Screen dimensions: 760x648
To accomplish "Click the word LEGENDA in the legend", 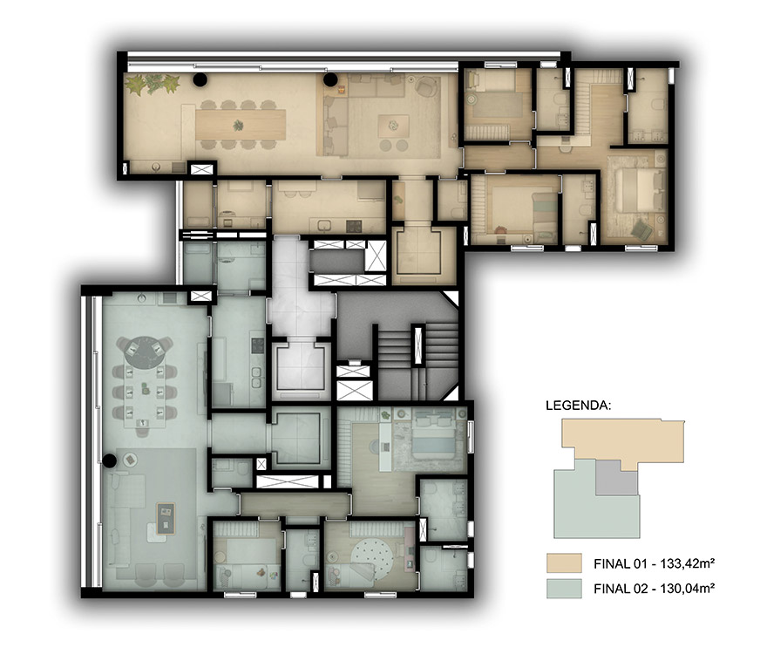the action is click(578, 406).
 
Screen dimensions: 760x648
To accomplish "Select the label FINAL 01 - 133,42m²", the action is click(655, 563).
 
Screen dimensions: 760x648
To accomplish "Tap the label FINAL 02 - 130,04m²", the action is click(655, 589).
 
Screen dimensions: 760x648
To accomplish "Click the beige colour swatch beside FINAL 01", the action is click(564, 563).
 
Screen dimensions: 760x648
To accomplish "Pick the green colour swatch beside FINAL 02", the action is click(564, 589).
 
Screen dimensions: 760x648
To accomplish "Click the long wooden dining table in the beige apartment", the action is click(241, 125).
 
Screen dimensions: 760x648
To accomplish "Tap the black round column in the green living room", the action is click(109, 460).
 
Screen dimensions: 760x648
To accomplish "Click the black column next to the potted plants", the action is click(200, 79).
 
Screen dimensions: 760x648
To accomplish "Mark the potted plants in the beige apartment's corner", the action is click(152, 84).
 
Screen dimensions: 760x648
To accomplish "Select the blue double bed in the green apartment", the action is click(433, 437).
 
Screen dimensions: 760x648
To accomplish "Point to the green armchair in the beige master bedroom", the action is click(642, 229).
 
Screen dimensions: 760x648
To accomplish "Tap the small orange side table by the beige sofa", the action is click(342, 89).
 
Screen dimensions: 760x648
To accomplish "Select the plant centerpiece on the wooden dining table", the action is click(238, 126).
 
